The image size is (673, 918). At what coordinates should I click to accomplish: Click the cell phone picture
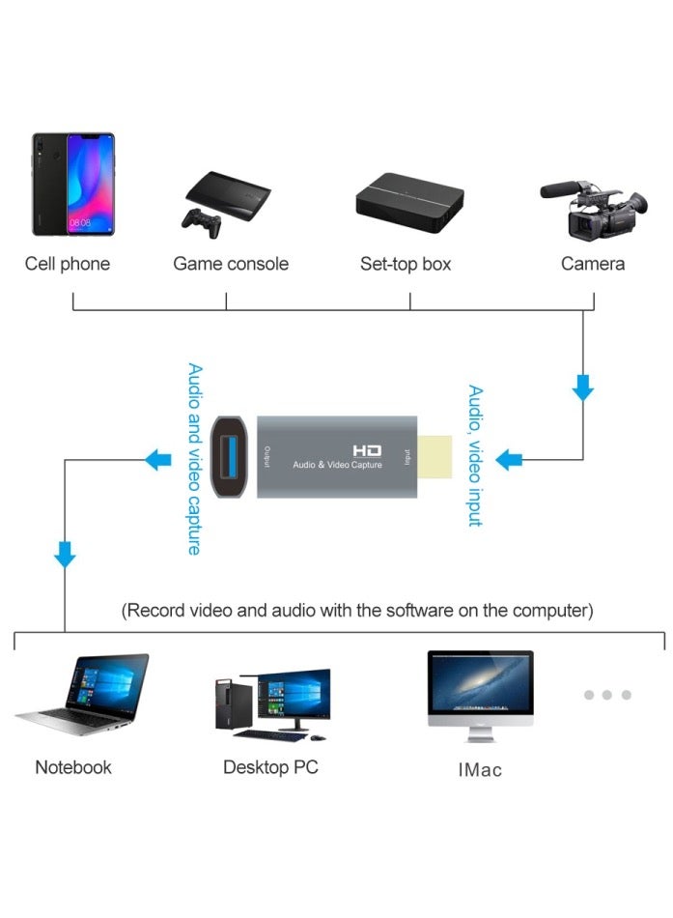click(72, 184)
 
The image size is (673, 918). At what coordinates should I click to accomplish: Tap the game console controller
click(201, 222)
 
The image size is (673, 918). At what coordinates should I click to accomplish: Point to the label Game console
click(231, 264)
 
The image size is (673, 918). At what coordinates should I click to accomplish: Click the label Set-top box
click(406, 264)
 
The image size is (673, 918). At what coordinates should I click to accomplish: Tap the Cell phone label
click(68, 264)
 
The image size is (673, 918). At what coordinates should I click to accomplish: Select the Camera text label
click(593, 264)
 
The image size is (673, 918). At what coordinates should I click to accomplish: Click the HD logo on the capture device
click(367, 450)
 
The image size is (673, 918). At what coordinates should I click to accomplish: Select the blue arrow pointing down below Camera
click(582, 389)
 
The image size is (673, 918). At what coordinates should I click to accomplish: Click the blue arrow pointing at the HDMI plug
click(509, 459)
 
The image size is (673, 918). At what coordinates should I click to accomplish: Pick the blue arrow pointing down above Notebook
click(65, 555)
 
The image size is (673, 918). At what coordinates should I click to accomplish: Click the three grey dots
click(606, 695)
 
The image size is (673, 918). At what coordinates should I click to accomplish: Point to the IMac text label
click(480, 770)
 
